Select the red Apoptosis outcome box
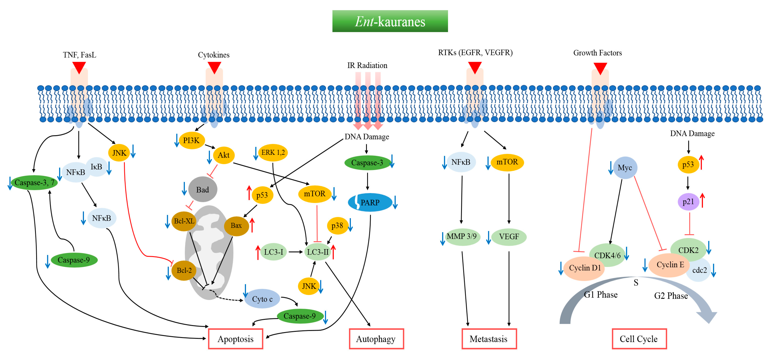click(236, 339)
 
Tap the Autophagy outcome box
click(376, 339)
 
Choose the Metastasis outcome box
click(489, 339)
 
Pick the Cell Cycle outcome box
click(639, 339)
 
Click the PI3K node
click(191, 140)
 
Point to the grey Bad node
click(202, 190)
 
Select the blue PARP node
click(370, 203)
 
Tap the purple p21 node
click(688, 202)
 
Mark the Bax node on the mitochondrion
click(236, 226)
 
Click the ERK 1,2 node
click(273, 152)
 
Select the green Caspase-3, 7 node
click(34, 182)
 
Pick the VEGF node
click(509, 237)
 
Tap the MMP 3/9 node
click(462, 237)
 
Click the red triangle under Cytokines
click(214, 67)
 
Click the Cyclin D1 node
click(585, 268)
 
